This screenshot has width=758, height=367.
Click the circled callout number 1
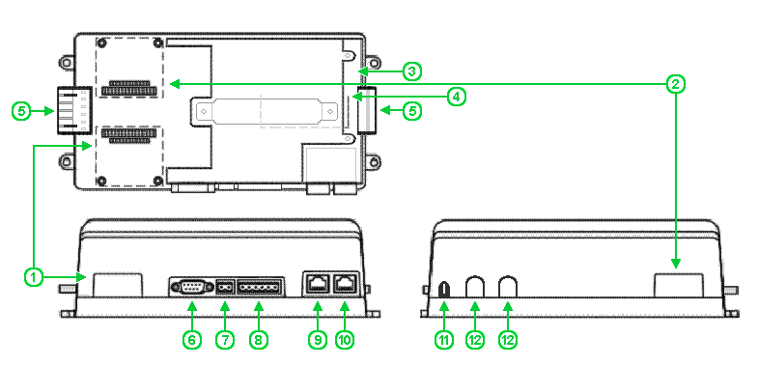[34, 277]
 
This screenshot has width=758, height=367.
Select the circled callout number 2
[675, 84]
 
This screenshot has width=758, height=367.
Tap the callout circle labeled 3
[411, 71]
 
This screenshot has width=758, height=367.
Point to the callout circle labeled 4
[456, 97]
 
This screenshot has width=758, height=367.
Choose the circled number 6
[191, 340]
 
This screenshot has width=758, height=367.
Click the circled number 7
[225, 340]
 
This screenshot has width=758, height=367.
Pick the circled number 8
[259, 340]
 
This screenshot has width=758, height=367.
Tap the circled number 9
[317, 340]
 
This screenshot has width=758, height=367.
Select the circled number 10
[345, 340]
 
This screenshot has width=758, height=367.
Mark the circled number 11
[444, 340]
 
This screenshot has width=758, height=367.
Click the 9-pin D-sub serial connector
[191, 287]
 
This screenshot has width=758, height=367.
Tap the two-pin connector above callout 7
[225, 287]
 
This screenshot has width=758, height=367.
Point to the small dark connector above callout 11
[444, 290]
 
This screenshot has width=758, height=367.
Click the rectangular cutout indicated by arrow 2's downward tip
[678, 285]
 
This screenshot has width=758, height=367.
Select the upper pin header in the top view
[128, 88]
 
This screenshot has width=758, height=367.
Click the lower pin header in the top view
[128, 135]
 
